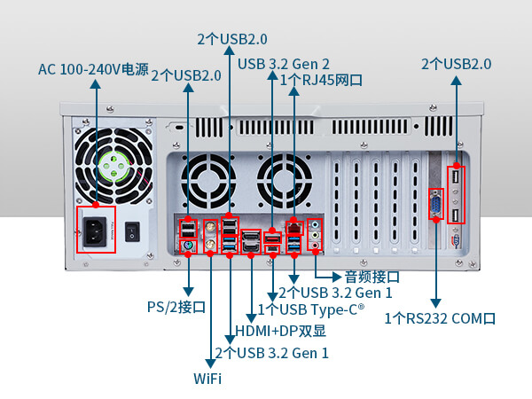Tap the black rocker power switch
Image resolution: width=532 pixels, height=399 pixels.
coord(133,232)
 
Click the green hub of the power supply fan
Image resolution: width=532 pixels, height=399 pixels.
coord(114,164)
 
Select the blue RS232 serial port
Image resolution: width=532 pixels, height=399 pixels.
coord(436,206)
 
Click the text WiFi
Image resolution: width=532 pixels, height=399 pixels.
coord(207,379)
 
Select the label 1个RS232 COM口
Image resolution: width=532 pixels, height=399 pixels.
coord(440,317)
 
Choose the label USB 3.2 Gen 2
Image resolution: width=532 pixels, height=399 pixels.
coord(284,64)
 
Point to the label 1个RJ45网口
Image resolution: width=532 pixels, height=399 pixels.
coord(321,81)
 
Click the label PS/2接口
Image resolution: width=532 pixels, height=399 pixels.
coord(176,308)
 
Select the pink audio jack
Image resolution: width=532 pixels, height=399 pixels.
coord(315,246)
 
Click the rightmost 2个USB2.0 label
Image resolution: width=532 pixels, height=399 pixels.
coord(456,64)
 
